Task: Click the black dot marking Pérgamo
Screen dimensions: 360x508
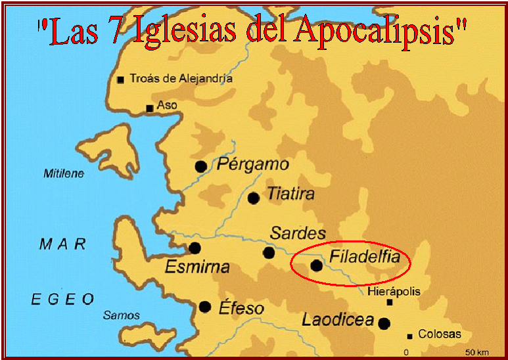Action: pos(201,167)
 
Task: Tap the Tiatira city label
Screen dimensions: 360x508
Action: pos(290,194)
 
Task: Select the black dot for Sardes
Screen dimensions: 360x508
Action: pos(269,252)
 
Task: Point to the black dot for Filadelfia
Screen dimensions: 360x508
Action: pos(317,265)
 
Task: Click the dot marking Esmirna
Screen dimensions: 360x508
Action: pos(195,248)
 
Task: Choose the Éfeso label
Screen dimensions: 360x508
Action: pos(242,308)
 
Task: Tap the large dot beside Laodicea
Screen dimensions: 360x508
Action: pos(384,323)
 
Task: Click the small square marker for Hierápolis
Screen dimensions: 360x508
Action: pos(390,302)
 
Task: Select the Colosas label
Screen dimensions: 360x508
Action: pos(440,334)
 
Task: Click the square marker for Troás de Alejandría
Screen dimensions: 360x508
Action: pos(120,80)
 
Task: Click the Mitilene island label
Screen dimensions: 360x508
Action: pos(64,173)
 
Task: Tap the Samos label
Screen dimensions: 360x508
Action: pos(122,315)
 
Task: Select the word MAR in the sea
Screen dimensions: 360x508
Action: pos(63,244)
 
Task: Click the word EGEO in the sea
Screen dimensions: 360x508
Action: pos(63,300)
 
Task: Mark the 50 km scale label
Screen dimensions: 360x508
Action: pos(476,353)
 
